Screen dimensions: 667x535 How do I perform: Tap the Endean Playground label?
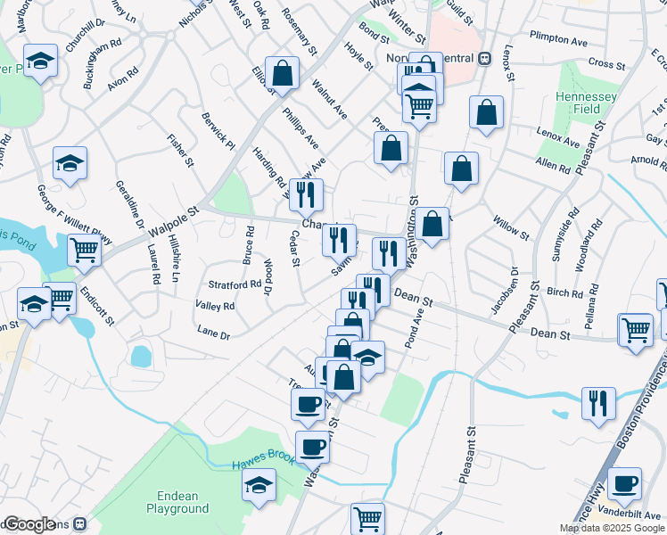[x=177, y=503]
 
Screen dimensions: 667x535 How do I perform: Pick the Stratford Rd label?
[x=234, y=285]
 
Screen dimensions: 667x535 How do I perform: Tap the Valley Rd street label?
[x=215, y=306]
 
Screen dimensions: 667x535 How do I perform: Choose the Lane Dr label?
[x=213, y=335]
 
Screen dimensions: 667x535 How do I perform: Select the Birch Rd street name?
[x=564, y=292]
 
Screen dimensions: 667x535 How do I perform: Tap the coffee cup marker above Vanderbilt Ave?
[x=624, y=482]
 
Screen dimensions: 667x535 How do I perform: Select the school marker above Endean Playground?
[x=259, y=484]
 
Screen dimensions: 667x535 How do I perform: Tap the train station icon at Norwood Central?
[x=485, y=58]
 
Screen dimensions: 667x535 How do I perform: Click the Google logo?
[x=29, y=524]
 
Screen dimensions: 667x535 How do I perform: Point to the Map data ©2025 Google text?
[x=612, y=528]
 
